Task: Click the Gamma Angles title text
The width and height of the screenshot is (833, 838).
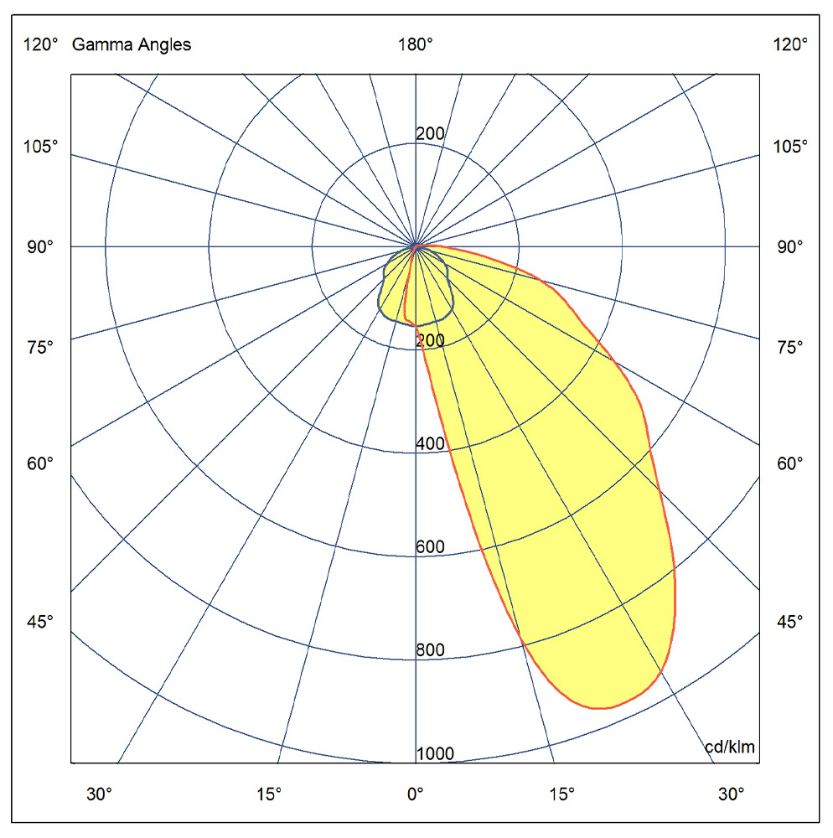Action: coord(132,45)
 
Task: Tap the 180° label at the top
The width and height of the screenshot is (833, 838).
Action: coord(415,44)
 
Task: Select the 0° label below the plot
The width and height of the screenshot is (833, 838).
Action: coord(415,794)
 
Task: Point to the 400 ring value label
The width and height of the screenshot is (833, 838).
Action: coord(430,443)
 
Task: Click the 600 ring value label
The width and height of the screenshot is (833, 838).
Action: coord(430,546)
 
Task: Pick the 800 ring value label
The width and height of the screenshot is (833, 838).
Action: coord(430,649)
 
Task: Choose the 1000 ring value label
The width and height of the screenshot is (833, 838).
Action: coord(435,753)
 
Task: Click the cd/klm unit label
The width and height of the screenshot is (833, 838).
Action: coord(730,747)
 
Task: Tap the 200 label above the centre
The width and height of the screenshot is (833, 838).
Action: coord(430,133)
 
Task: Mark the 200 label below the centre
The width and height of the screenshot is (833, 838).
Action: coord(430,340)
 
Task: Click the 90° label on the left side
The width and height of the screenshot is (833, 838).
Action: coord(40,247)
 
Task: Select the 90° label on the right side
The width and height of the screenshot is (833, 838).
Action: coord(789,247)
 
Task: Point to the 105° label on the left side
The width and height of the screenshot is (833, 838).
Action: coord(40,146)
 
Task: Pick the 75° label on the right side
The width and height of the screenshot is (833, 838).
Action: coord(789,348)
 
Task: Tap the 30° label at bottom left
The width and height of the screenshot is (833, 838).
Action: coord(99,794)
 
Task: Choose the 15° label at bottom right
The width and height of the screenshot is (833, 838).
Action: coord(562,794)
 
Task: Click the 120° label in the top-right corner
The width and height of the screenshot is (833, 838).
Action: coord(790,44)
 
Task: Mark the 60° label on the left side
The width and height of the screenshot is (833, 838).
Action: coord(40,463)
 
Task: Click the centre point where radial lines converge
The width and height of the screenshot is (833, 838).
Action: coord(416,246)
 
